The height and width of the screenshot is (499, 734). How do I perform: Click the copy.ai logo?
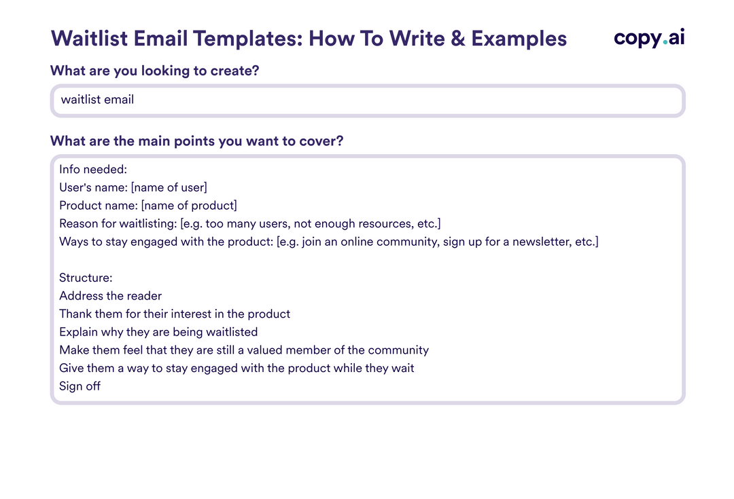click(x=648, y=38)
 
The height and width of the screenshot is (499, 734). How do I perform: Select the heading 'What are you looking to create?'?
click(x=155, y=71)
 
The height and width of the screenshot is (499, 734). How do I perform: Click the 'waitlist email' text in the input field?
click(x=97, y=100)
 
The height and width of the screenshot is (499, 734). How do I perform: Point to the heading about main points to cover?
click(x=197, y=141)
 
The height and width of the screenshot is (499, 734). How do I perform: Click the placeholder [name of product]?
click(x=189, y=205)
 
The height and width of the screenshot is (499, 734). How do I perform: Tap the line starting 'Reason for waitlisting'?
click(x=249, y=223)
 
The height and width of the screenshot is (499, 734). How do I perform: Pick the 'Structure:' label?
click(x=86, y=278)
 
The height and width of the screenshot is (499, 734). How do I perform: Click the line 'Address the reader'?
click(x=110, y=296)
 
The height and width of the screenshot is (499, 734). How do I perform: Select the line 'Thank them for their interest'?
click(x=175, y=314)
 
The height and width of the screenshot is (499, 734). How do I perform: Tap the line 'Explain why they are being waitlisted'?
click(x=158, y=332)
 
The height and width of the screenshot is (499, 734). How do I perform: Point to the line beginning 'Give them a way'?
click(x=237, y=368)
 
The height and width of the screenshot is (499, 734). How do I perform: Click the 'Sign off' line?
click(x=80, y=386)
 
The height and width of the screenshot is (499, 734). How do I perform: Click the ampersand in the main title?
click(x=458, y=38)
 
